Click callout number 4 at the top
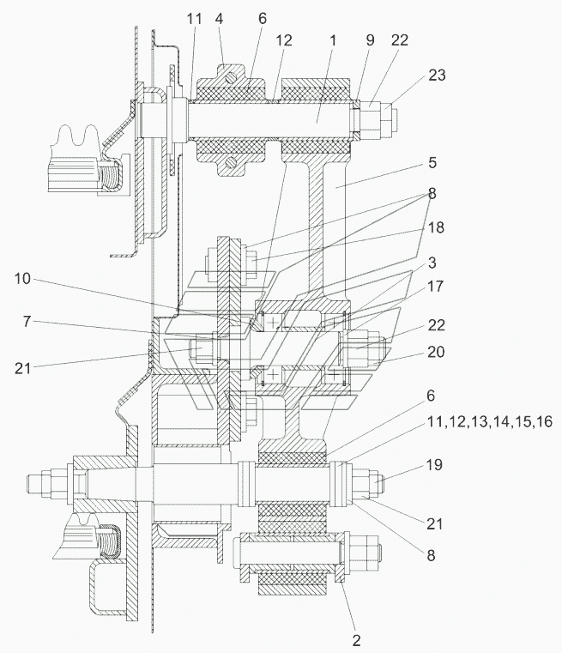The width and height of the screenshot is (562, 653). (219, 19)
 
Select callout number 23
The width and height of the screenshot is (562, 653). (437, 75)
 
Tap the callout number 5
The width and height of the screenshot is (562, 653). (432, 162)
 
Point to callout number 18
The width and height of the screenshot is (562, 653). (436, 227)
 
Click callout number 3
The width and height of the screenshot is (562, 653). (432, 263)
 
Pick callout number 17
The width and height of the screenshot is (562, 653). (436, 287)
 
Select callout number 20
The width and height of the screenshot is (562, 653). (436, 352)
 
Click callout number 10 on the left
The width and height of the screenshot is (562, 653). (22, 279)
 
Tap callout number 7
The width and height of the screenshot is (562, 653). (27, 322)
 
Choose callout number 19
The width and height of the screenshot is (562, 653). (434, 465)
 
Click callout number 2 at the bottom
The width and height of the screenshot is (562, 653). (356, 640)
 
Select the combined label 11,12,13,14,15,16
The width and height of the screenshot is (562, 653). (490, 422)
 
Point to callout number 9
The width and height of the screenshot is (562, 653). (370, 40)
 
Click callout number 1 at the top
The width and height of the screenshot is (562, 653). (333, 40)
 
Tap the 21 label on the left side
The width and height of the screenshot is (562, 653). (22, 368)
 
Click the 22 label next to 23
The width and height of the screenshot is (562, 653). (400, 40)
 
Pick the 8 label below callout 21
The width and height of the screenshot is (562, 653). (431, 555)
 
